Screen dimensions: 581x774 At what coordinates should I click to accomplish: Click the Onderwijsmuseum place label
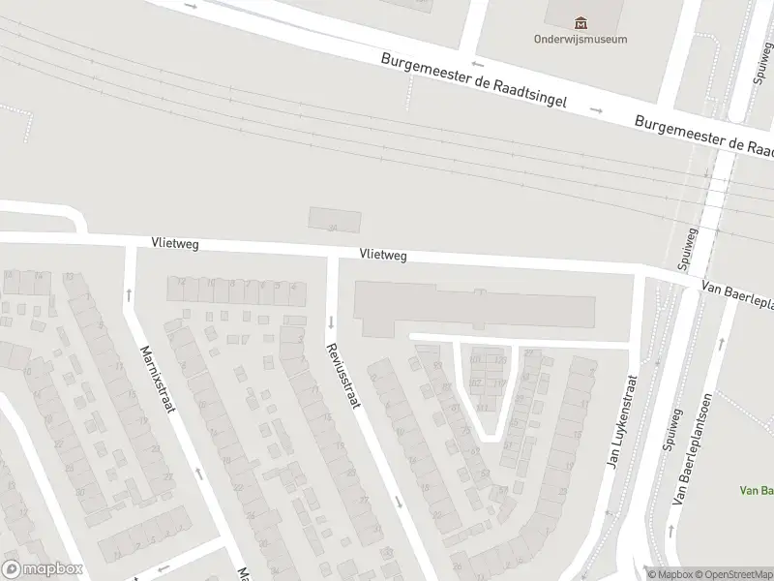(580, 40)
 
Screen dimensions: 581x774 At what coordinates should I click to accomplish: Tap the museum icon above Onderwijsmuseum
(580, 22)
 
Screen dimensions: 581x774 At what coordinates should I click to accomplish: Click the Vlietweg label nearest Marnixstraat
(174, 244)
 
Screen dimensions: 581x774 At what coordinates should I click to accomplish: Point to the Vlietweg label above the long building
(382, 255)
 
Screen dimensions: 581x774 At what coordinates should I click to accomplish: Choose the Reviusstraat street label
(342, 376)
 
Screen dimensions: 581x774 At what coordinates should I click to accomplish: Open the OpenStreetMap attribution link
(732, 573)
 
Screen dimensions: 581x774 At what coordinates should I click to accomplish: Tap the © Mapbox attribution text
(670, 573)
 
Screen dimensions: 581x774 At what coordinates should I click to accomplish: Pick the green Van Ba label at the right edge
(756, 491)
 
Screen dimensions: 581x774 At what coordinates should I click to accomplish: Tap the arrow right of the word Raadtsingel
(597, 110)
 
